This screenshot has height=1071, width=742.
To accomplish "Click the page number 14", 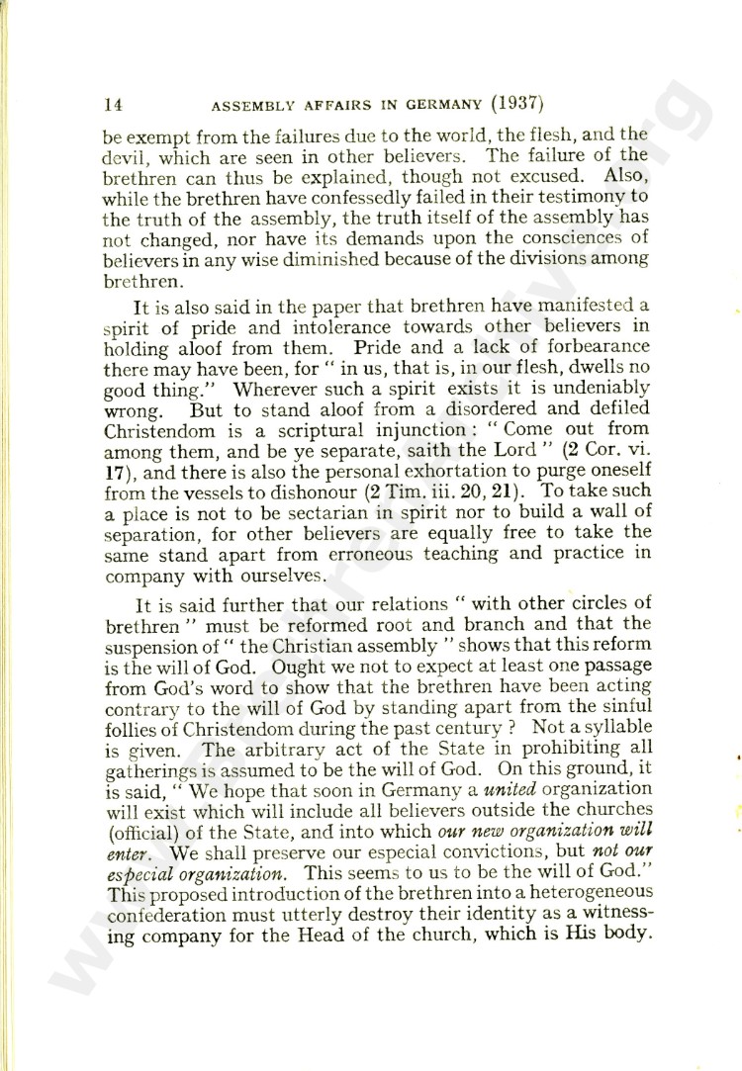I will [x=112, y=104].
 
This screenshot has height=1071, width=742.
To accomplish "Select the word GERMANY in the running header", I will [x=408, y=104].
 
